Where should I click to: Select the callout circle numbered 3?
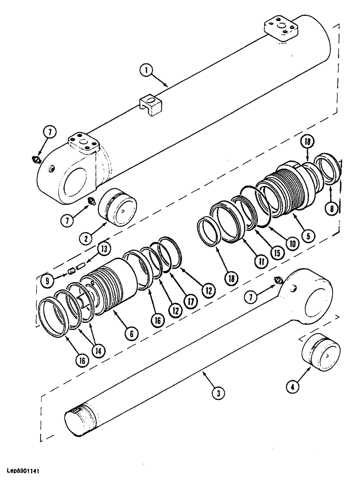[x=216, y=392]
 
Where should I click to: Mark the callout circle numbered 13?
[x=103, y=248]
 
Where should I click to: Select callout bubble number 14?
[x=100, y=351]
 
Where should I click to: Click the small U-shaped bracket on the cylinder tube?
[x=151, y=105]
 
